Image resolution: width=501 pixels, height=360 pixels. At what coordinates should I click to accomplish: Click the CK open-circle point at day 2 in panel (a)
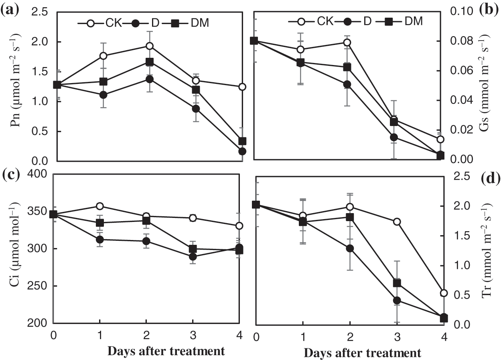149,46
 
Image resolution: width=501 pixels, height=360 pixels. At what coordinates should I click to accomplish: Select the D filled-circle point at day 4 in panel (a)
242,151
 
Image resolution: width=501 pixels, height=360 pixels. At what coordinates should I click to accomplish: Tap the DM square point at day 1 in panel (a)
103,81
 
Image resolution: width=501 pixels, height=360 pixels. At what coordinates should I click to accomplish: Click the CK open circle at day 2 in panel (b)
347,43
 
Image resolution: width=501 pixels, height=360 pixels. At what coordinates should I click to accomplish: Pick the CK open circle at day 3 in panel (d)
397,222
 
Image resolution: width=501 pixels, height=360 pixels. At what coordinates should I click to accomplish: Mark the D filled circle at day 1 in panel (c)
99,240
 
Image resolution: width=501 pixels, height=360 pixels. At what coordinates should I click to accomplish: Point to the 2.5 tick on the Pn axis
40,12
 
